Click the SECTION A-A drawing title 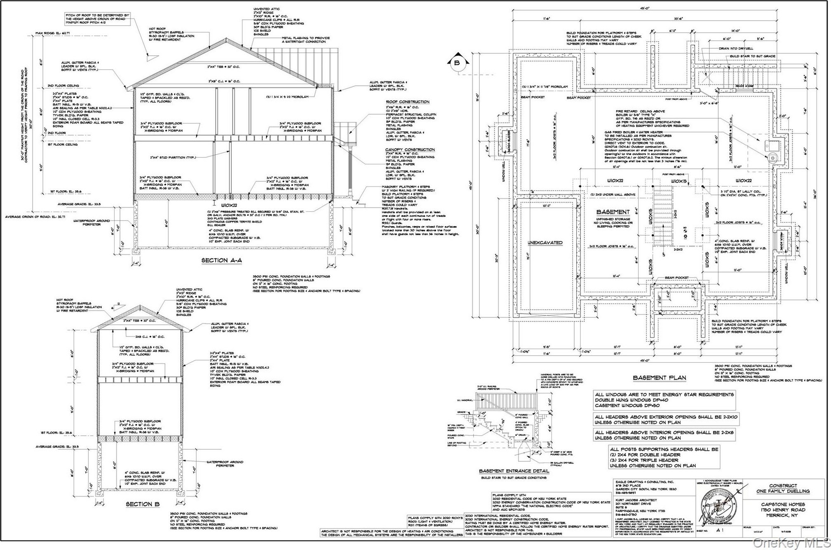(221, 260)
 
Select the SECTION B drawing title (143, 504)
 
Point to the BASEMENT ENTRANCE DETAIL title (514, 471)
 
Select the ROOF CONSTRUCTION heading (407, 102)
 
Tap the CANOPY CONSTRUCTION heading (410, 149)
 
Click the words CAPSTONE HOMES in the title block (783, 504)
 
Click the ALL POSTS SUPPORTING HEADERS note (664, 457)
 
